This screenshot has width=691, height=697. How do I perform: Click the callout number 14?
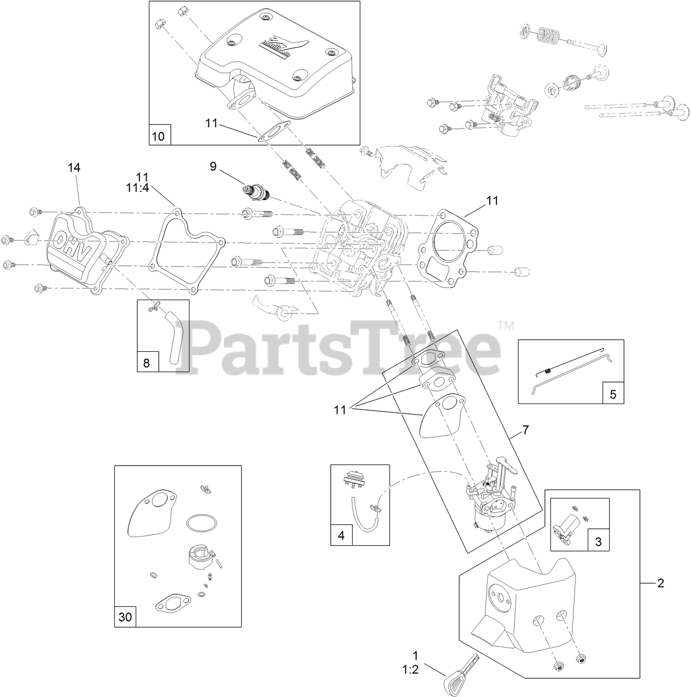tap(74, 168)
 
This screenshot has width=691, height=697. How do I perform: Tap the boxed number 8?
tap(146, 363)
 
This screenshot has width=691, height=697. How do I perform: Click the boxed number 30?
tap(125, 617)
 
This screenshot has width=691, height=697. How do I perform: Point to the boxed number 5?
tap(613, 394)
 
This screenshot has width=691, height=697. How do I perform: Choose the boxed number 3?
tap(598, 541)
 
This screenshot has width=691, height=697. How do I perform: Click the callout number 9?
tap(213, 165)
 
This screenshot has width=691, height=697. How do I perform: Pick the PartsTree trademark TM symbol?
tap(506, 325)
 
